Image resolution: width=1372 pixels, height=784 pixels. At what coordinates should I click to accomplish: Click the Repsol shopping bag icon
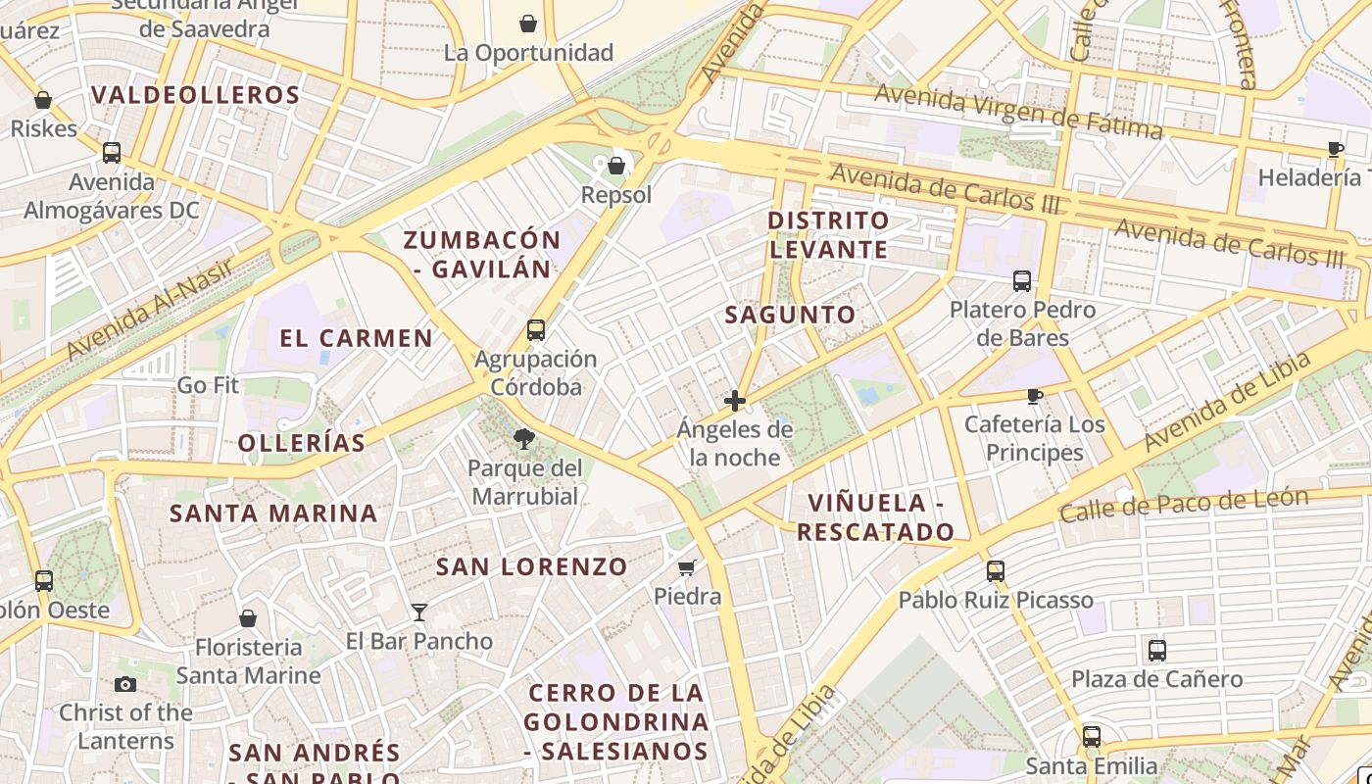(x=616, y=166)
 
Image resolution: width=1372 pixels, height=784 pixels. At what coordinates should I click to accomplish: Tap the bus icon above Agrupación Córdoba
(x=535, y=330)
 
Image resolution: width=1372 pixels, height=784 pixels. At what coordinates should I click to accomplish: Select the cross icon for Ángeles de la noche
(x=734, y=401)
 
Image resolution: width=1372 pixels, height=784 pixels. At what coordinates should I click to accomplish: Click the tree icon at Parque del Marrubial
(x=524, y=439)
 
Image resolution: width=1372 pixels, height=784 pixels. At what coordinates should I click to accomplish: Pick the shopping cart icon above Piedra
(x=687, y=567)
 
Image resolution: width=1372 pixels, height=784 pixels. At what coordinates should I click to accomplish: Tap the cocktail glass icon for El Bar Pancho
(x=419, y=612)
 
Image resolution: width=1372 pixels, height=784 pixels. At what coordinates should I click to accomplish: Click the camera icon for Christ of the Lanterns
(x=125, y=684)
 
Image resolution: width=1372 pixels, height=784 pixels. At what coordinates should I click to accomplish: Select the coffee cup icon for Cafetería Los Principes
(x=1034, y=396)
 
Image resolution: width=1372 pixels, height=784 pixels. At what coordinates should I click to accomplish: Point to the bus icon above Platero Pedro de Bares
(x=1022, y=281)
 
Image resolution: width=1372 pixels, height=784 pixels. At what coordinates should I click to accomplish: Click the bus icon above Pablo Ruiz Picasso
(x=996, y=570)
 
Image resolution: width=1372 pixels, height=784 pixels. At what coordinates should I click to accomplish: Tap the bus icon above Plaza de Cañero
(x=1156, y=650)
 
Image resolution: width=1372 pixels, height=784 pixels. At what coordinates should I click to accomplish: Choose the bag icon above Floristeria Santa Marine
(x=248, y=618)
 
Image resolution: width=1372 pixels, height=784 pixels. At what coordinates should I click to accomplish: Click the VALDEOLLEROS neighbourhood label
(x=195, y=95)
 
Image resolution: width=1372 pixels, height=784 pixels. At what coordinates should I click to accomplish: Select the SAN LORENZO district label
(x=531, y=566)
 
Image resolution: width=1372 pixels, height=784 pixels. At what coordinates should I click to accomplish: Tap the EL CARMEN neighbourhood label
(x=356, y=339)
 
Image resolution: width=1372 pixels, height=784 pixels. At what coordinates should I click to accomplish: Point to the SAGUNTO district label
(x=790, y=315)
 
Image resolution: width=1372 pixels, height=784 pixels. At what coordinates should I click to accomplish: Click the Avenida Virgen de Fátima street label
(x=1018, y=111)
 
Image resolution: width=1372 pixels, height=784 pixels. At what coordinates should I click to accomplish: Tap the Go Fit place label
(x=208, y=385)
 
